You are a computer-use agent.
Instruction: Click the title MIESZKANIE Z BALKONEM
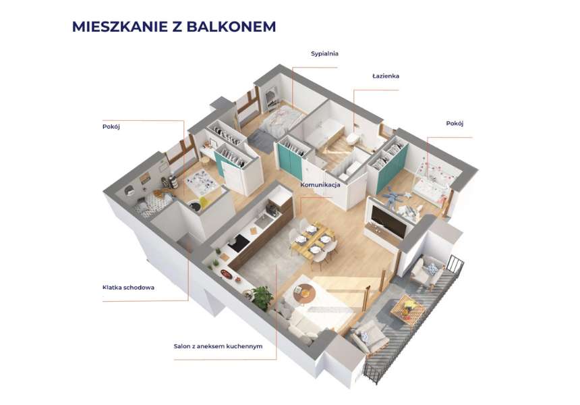[174, 26]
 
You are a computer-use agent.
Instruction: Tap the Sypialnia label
[324, 54]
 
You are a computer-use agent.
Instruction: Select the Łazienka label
[386, 76]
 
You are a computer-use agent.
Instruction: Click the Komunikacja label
[320, 185]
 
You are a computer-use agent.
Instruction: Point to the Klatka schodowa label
[128, 288]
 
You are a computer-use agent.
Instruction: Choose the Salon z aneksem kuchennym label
[218, 346]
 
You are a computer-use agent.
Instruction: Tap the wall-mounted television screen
[388, 223]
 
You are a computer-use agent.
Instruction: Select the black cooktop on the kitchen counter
[238, 243]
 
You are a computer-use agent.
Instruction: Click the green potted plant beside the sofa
[262, 296]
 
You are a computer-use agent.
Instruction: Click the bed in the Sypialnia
[281, 119]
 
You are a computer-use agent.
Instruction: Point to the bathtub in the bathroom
[324, 132]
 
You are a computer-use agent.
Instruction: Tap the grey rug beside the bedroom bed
[260, 140]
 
